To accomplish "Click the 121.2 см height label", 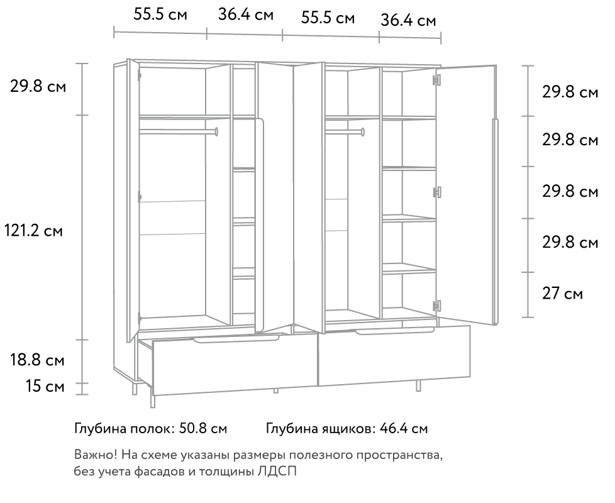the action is coord(33,231).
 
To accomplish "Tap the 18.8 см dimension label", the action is coord(37,360).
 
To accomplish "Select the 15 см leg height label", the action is coord(45,386).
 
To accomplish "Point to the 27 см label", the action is coord(562,294).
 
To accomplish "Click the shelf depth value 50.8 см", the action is coord(203,429).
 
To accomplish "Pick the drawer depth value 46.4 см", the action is coord(404,429).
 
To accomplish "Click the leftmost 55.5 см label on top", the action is coord(160,14).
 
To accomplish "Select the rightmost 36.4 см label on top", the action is coord(408,20).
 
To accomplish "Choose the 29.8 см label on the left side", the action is coord(38,86).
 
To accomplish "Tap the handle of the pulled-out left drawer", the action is coord(236,338).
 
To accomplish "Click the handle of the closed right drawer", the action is coord(394,332).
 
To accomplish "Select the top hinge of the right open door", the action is coord(436,80).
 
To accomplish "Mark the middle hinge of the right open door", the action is coord(436,192).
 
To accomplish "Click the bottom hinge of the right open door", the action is coord(436,306).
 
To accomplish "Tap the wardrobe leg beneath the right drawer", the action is coord(418,385).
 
